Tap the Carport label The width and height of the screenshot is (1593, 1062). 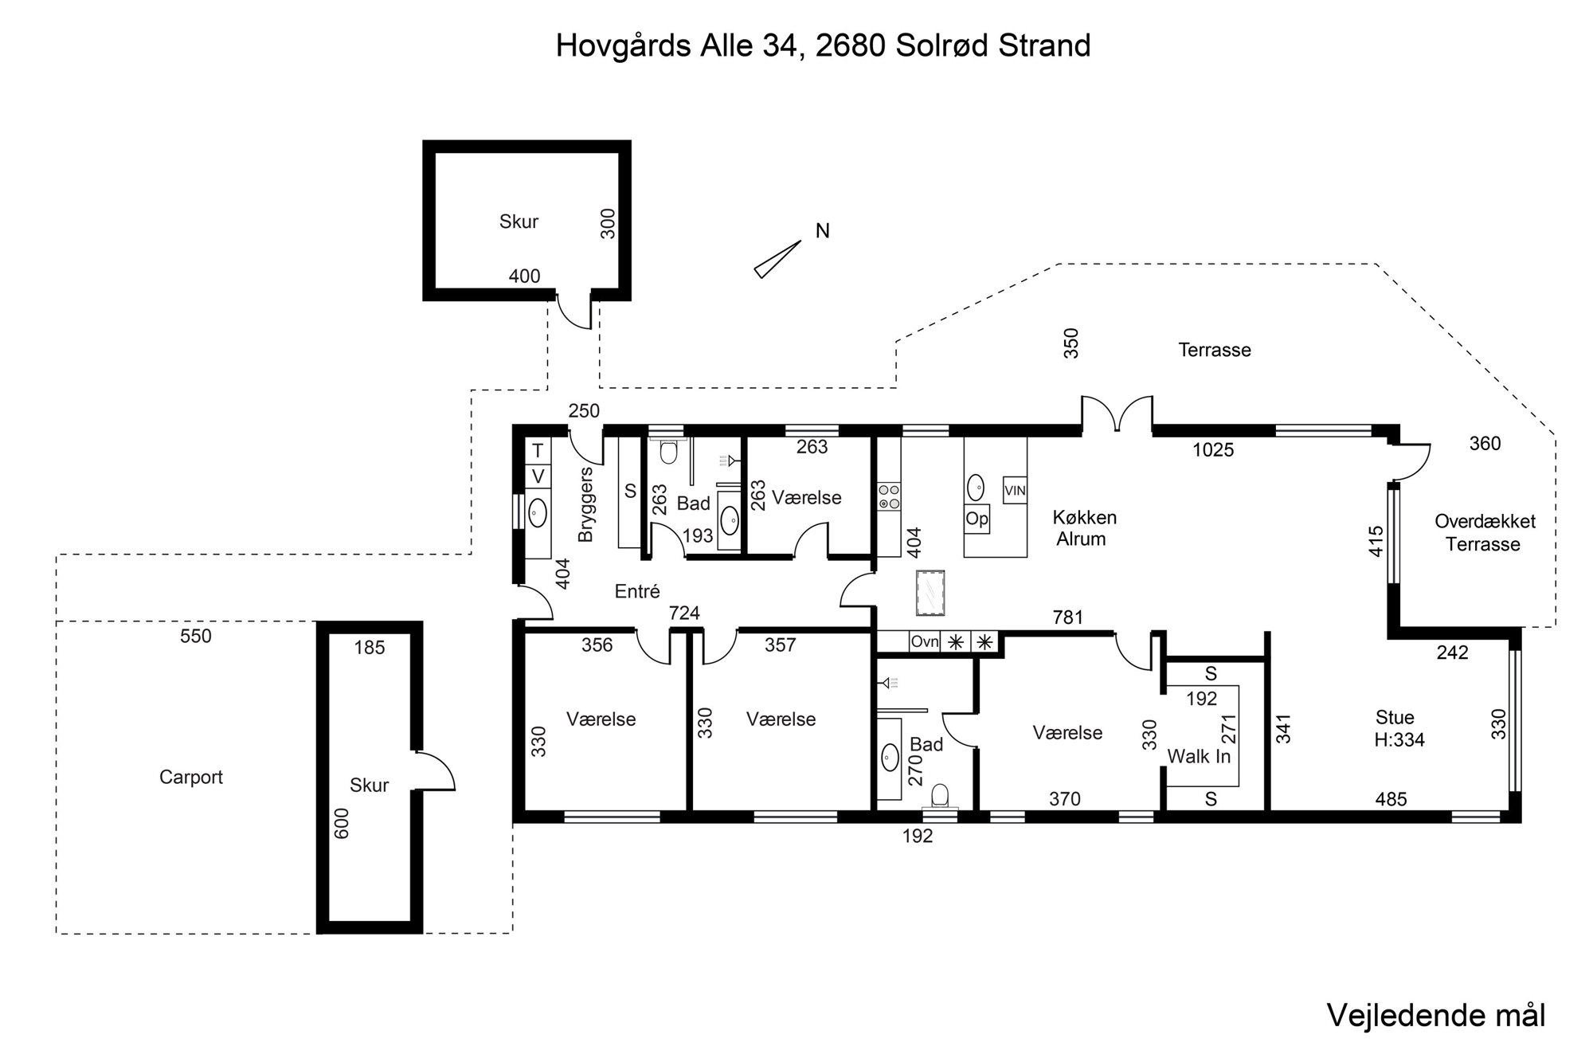pyautogui.click(x=191, y=777)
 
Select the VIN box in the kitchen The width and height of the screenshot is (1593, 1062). pyautogui.click(x=1015, y=491)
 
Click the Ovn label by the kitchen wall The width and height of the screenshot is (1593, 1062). pyautogui.click(x=925, y=641)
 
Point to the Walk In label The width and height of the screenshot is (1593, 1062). pyautogui.click(x=1199, y=756)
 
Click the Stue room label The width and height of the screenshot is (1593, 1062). pyautogui.click(x=1395, y=716)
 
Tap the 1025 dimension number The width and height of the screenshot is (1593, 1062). pyautogui.click(x=1213, y=450)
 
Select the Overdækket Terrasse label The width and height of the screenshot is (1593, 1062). pyautogui.click(x=1485, y=533)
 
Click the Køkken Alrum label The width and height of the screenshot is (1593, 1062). pyautogui.click(x=1084, y=527)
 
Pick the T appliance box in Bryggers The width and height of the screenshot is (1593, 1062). pyautogui.click(x=538, y=451)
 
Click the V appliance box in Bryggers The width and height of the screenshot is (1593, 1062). pyautogui.click(x=538, y=476)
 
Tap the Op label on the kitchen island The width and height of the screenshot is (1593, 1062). pyautogui.click(x=977, y=519)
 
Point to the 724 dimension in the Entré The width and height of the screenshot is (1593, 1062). pyautogui.click(x=684, y=613)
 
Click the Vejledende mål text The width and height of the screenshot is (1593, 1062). pyautogui.click(x=1436, y=1015)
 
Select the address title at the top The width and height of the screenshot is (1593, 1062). pyautogui.click(x=823, y=45)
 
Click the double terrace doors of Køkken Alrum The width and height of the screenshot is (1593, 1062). pyautogui.click(x=1117, y=414)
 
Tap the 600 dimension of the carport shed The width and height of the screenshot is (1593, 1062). pyautogui.click(x=342, y=824)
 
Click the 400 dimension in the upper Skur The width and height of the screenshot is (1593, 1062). pyautogui.click(x=524, y=276)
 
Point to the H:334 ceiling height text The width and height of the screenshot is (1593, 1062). pyautogui.click(x=1399, y=739)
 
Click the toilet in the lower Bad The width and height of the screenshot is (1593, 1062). pyautogui.click(x=940, y=795)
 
